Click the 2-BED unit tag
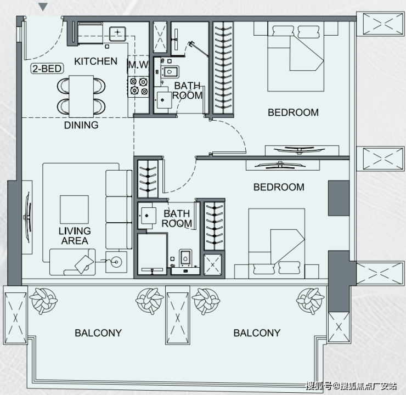pos(47,69)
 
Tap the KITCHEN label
pos(95,61)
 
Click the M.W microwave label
pos(138,65)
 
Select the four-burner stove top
pos(138,87)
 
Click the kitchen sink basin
pos(117,33)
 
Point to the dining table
pos(81,97)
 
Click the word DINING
pos(81,125)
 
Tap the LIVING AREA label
pos(75,236)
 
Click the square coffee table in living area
pos(74,210)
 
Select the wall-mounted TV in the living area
pos(27,217)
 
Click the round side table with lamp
pos(116,262)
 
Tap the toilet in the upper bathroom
pos(170,72)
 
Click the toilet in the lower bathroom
pos(185,258)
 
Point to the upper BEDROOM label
pos(293,112)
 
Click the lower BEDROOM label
pos(279,187)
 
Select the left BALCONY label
pos(98,333)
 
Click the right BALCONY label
pos(257,333)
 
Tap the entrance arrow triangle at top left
pos(43,7)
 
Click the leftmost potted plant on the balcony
pos(43,301)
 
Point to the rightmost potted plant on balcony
pos(310,301)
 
